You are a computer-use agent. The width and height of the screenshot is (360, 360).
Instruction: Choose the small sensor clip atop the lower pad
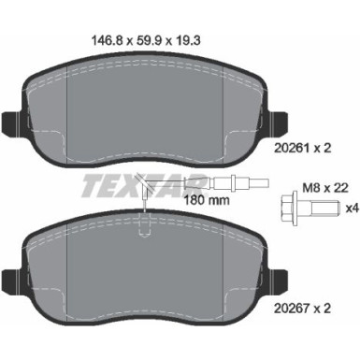point(142,221)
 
